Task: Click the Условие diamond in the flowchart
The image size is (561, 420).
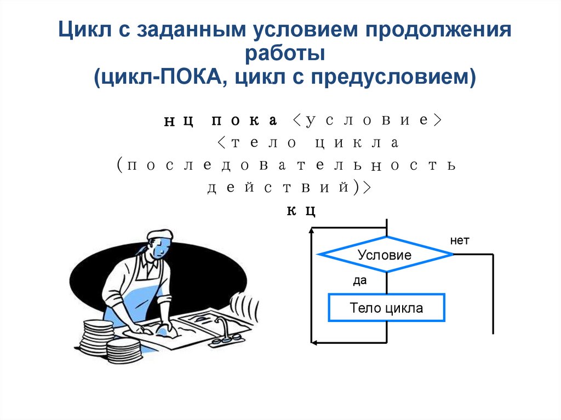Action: click(385, 255)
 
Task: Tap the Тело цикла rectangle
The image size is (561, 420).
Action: click(386, 308)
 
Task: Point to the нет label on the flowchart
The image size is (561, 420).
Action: click(460, 240)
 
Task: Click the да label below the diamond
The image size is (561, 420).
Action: click(359, 281)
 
